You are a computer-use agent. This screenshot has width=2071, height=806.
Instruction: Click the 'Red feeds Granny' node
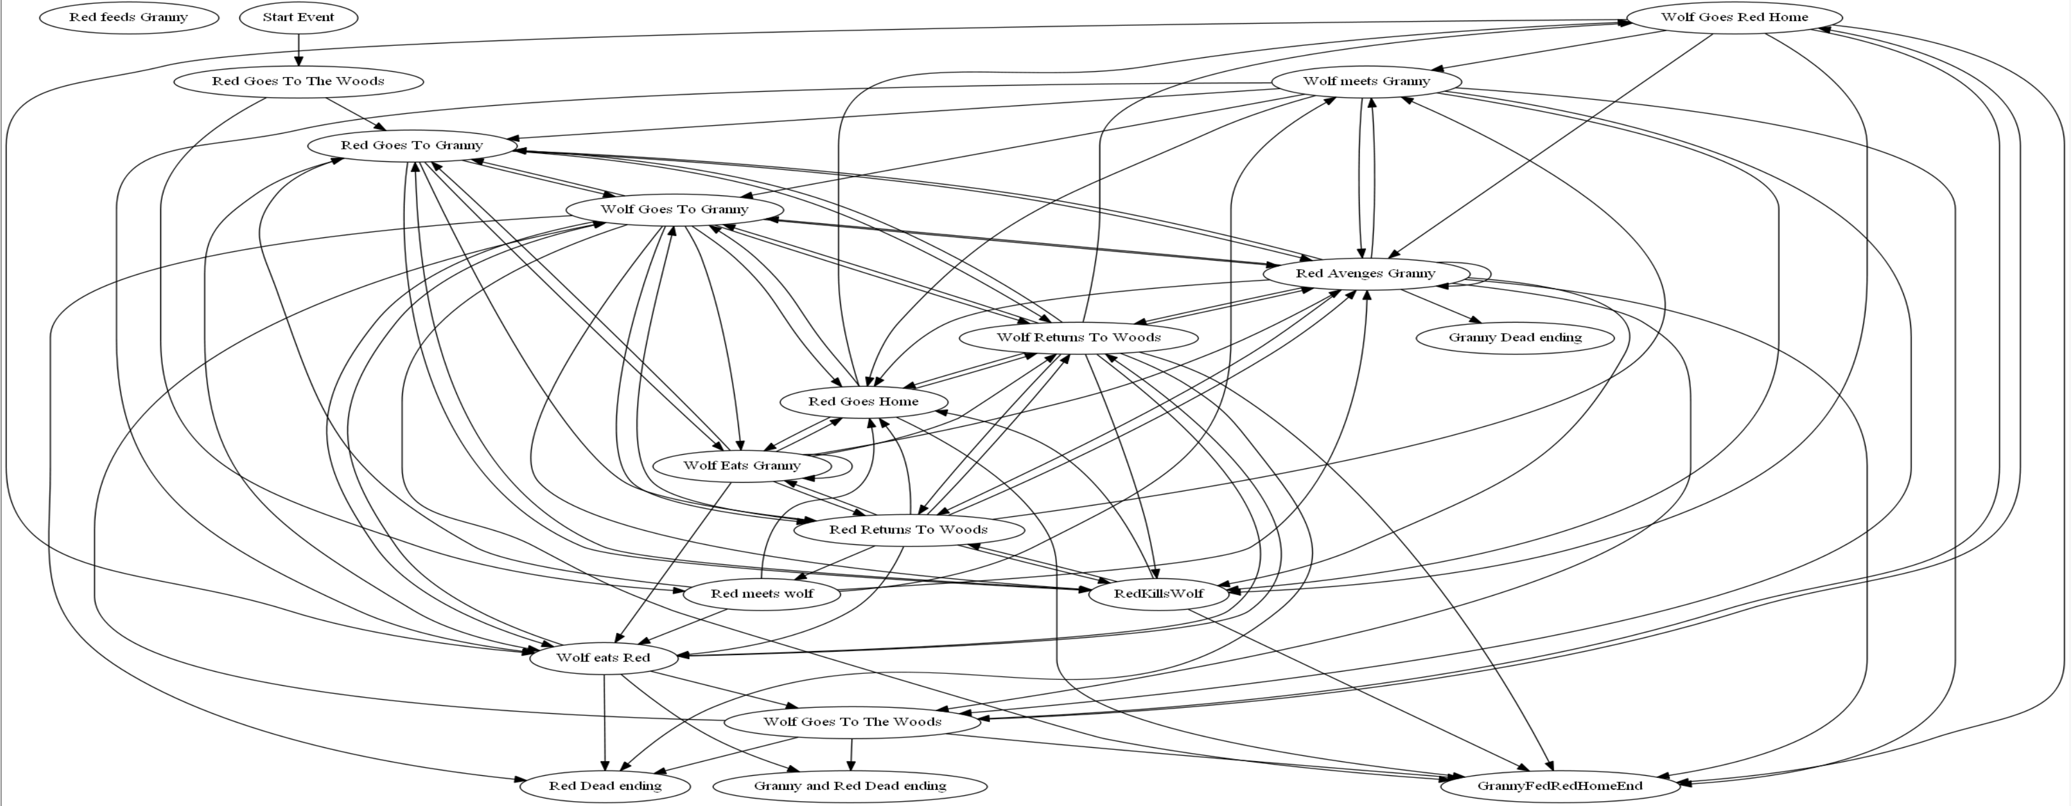tap(129, 17)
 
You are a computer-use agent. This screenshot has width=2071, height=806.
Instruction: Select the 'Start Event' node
tap(298, 17)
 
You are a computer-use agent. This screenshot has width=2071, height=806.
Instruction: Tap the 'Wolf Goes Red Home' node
tap(1734, 17)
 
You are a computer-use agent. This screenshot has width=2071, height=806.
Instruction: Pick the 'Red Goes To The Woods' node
tap(298, 81)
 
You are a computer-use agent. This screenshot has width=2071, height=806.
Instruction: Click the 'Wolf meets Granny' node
tap(1366, 81)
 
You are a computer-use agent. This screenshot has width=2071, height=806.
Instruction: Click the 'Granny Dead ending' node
tap(1514, 338)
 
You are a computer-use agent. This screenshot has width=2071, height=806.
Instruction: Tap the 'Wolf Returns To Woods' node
tap(1078, 338)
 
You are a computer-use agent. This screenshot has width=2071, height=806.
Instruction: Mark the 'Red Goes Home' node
tap(863, 401)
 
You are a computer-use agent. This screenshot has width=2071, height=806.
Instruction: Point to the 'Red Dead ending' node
tap(605, 786)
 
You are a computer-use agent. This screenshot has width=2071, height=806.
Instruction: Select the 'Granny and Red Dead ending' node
tap(850, 786)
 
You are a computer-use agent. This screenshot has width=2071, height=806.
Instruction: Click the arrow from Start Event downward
tap(298, 50)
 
